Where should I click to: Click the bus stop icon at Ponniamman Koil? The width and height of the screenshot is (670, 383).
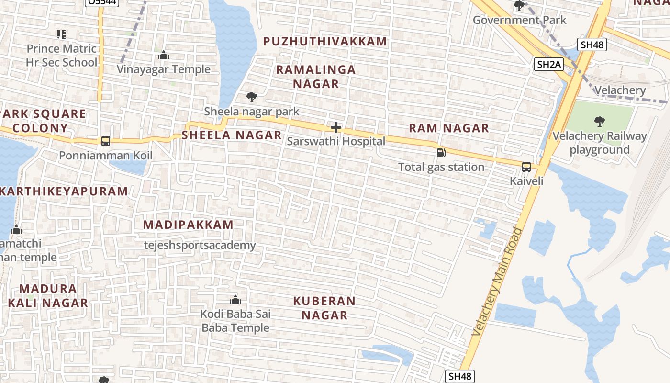tap(106, 141)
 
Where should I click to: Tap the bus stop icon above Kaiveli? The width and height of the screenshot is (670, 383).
tap(526, 167)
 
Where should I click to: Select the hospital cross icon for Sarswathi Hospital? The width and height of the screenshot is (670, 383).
tap(336, 127)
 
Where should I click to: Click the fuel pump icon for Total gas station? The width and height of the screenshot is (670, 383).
tap(441, 153)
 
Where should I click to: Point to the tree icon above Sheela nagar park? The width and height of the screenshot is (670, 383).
tap(251, 97)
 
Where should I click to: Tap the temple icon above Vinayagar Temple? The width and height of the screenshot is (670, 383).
tap(164, 56)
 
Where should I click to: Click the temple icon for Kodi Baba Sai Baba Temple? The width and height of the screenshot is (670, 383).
tap(235, 300)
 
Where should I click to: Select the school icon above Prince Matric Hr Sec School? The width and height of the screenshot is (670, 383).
tap(61, 34)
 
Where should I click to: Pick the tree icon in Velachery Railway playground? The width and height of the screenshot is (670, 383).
tap(599, 122)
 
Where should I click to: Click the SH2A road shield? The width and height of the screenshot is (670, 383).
tap(548, 64)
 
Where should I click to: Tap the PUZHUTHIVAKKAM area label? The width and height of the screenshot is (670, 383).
tap(325, 42)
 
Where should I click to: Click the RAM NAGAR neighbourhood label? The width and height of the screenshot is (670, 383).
tap(448, 128)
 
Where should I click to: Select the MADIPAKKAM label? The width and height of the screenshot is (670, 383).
tap(188, 225)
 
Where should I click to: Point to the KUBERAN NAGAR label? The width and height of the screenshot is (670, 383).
tap(324, 308)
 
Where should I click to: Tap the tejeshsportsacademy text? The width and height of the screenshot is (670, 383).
tap(200, 246)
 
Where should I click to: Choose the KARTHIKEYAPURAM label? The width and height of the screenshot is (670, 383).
tap(64, 191)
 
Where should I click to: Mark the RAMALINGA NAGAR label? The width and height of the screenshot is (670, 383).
tap(316, 77)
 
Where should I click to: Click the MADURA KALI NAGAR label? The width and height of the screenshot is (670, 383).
tap(48, 295)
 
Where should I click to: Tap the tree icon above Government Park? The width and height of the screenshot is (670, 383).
tap(519, 6)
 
